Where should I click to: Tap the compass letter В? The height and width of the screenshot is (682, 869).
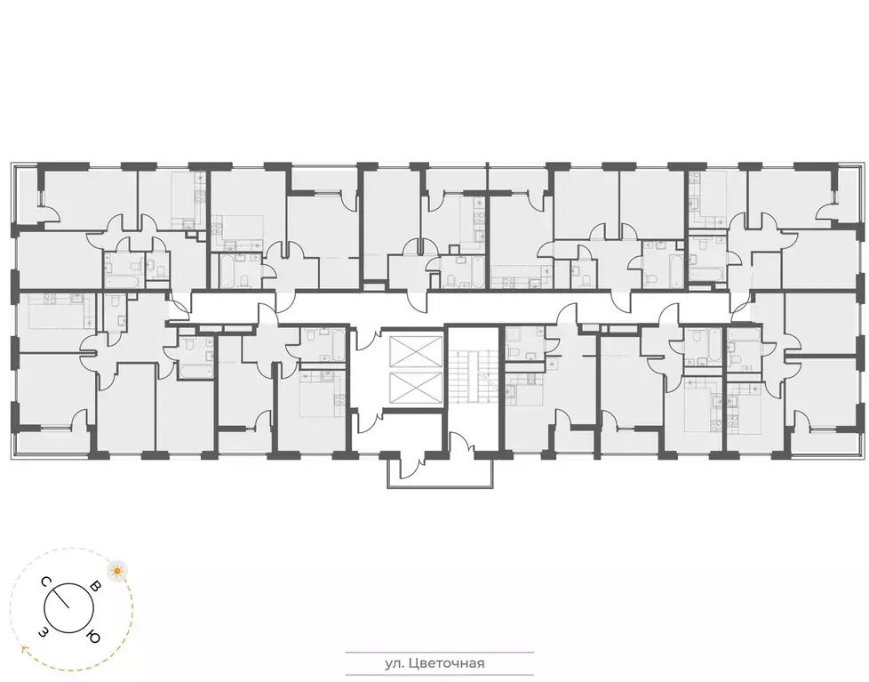[x=93, y=587]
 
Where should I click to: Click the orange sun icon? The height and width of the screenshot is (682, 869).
[x=115, y=570]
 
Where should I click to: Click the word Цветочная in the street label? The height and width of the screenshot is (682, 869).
[x=449, y=662]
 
